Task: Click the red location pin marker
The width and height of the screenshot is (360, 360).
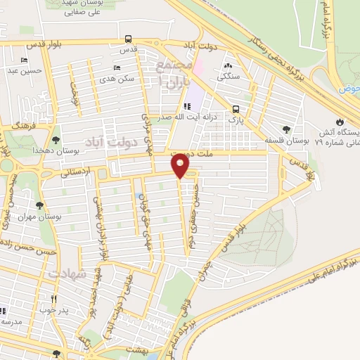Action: click(181, 166)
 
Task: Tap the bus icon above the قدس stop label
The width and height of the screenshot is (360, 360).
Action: click(128, 39)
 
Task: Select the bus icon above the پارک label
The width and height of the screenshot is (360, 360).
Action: click(236, 109)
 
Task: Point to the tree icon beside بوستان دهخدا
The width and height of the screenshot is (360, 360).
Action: click(56, 141)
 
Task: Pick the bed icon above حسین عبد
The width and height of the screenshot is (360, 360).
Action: click(25, 60)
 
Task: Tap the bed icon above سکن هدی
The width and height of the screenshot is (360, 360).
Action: click(116, 68)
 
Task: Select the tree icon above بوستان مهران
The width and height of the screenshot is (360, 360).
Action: click(39, 206)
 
